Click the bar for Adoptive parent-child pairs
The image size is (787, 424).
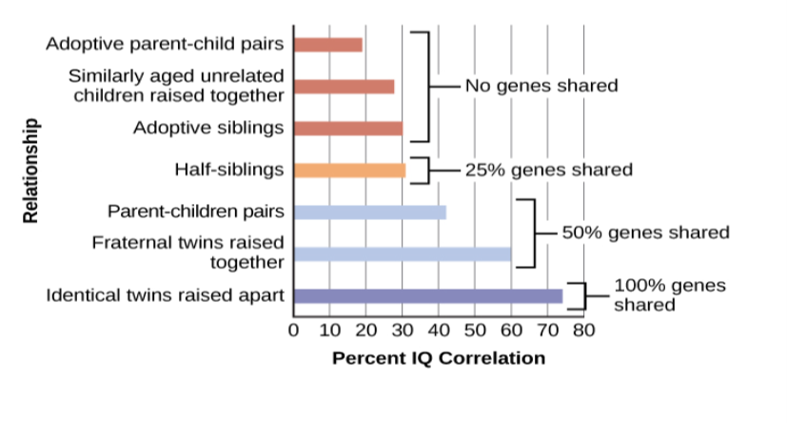tap(328, 45)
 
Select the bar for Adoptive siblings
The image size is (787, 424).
tap(348, 129)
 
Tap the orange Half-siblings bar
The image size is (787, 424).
tap(349, 171)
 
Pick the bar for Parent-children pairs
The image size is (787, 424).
tap(369, 212)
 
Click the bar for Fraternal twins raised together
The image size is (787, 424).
tap(403, 254)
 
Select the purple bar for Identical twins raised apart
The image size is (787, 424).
tap(427, 296)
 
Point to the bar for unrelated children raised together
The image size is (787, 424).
tap(344, 87)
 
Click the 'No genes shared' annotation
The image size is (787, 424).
tap(541, 86)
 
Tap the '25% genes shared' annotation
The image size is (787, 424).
tap(548, 171)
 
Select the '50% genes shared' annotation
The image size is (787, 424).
tap(645, 232)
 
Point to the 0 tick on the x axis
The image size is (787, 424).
tap(294, 331)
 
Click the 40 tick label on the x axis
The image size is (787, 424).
tap(439, 331)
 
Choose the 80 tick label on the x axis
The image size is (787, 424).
tap(583, 331)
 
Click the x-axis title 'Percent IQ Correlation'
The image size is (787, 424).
tap(439, 358)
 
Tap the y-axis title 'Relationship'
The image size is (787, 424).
tap(32, 171)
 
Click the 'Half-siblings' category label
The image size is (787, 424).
tap(229, 171)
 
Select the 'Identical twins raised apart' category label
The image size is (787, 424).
tap(166, 296)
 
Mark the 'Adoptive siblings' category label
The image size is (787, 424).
tap(208, 128)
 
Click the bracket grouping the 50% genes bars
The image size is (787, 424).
tap(533, 233)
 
